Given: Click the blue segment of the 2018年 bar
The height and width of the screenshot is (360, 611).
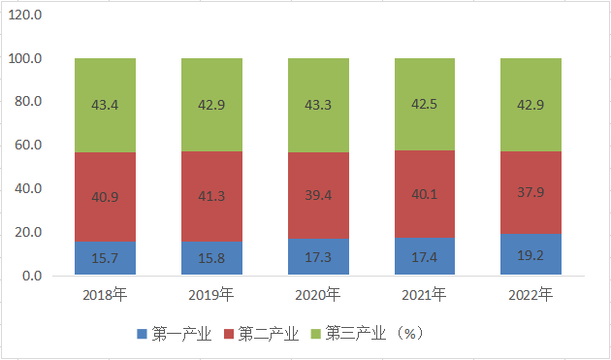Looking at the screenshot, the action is point(105,258).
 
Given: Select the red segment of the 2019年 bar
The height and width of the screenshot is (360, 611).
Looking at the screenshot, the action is point(211,197).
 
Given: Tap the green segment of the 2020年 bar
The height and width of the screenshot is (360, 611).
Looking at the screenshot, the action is point(318,106).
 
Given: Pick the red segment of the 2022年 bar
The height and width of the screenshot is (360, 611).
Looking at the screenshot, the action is point(531,193).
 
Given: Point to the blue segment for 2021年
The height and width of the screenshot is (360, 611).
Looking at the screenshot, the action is point(425,256).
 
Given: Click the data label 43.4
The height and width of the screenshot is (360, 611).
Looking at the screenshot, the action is point(105,105).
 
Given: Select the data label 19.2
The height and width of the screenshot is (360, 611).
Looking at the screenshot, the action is point(531,255).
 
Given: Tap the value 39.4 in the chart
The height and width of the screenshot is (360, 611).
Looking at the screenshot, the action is point(318,195).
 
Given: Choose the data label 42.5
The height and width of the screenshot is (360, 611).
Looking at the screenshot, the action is point(425,104).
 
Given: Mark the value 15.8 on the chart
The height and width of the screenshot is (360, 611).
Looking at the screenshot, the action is point(211,258).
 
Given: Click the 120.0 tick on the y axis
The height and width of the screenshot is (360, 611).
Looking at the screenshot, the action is point(25,16).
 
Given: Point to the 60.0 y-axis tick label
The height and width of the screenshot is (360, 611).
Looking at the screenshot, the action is point(28,146).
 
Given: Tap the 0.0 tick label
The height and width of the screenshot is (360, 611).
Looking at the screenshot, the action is point(32,276).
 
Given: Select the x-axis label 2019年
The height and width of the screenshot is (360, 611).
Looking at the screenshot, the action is point(211,294).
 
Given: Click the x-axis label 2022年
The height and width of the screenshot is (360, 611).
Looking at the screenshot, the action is point(531,294).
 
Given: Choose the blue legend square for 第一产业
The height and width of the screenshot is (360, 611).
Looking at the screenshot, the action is point(143,334).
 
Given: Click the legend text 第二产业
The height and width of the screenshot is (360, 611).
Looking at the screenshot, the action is point(269,334).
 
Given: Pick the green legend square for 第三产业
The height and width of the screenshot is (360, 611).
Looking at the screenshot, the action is point(315,334).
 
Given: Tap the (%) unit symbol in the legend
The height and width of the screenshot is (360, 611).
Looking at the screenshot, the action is point(410,334).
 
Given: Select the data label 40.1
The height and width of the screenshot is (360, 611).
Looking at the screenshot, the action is point(425,194).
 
